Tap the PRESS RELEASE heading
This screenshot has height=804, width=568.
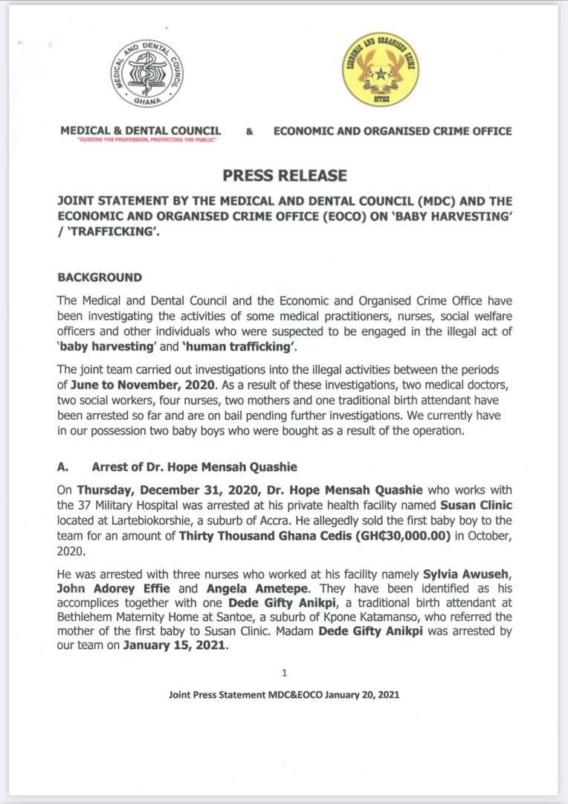pos(285,176)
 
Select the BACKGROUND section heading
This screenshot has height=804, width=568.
pos(100,277)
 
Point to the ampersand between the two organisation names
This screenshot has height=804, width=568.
pos(249,132)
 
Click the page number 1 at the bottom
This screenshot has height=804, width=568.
pos(284,673)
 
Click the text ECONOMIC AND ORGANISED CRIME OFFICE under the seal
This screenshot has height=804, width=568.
pos(393,131)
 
